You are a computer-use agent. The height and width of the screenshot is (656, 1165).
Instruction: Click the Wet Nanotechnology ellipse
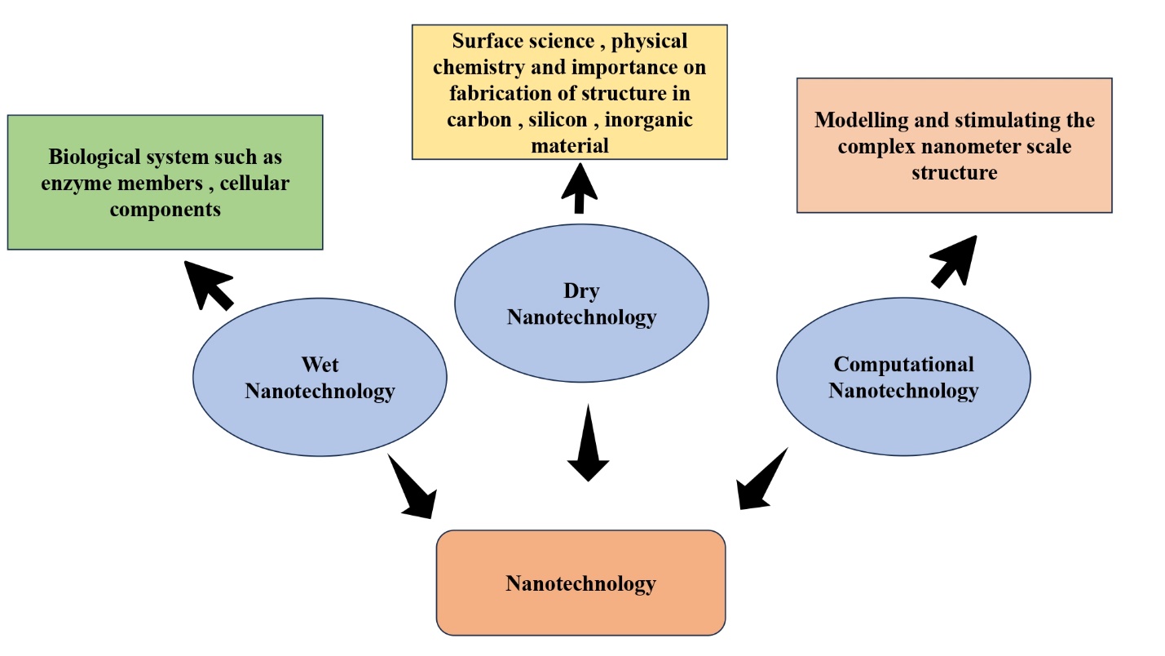320,377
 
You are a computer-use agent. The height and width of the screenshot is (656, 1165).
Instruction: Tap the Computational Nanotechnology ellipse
903,377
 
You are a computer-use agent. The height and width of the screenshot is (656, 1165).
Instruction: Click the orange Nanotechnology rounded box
580,583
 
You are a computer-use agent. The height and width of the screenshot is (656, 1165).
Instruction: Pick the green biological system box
165,182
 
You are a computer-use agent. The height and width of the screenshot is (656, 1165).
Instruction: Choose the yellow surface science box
569,91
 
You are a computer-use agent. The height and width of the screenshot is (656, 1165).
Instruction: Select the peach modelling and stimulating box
954,145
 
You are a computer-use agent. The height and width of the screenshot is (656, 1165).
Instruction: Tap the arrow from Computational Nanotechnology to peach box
954,261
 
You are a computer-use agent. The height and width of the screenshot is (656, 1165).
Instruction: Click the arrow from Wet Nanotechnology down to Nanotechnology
412,487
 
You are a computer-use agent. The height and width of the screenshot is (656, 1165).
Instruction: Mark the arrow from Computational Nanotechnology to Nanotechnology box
761,481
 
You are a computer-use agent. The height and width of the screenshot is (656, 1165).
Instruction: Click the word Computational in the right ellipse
903,364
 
